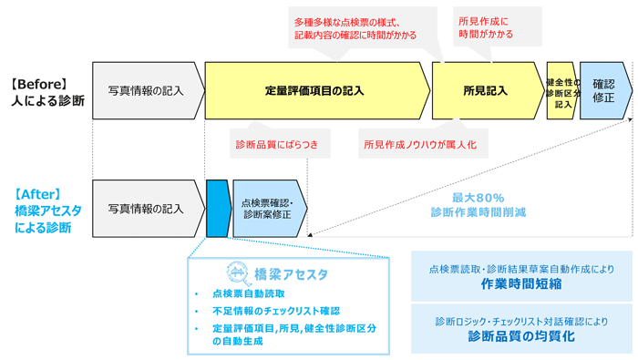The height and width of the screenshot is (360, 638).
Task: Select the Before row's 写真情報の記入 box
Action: (x=145, y=91)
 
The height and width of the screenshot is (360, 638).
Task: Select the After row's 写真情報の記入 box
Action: (x=145, y=208)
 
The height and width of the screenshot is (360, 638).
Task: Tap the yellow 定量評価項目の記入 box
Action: (x=314, y=91)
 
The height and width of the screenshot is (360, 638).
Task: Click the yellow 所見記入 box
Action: (x=485, y=91)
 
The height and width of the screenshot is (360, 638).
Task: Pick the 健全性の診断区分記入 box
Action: (x=561, y=91)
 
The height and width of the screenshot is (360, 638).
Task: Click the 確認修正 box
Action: (x=602, y=91)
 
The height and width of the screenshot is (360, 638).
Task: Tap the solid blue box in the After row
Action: (x=217, y=208)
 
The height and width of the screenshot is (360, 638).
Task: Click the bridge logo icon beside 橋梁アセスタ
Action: (x=235, y=273)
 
